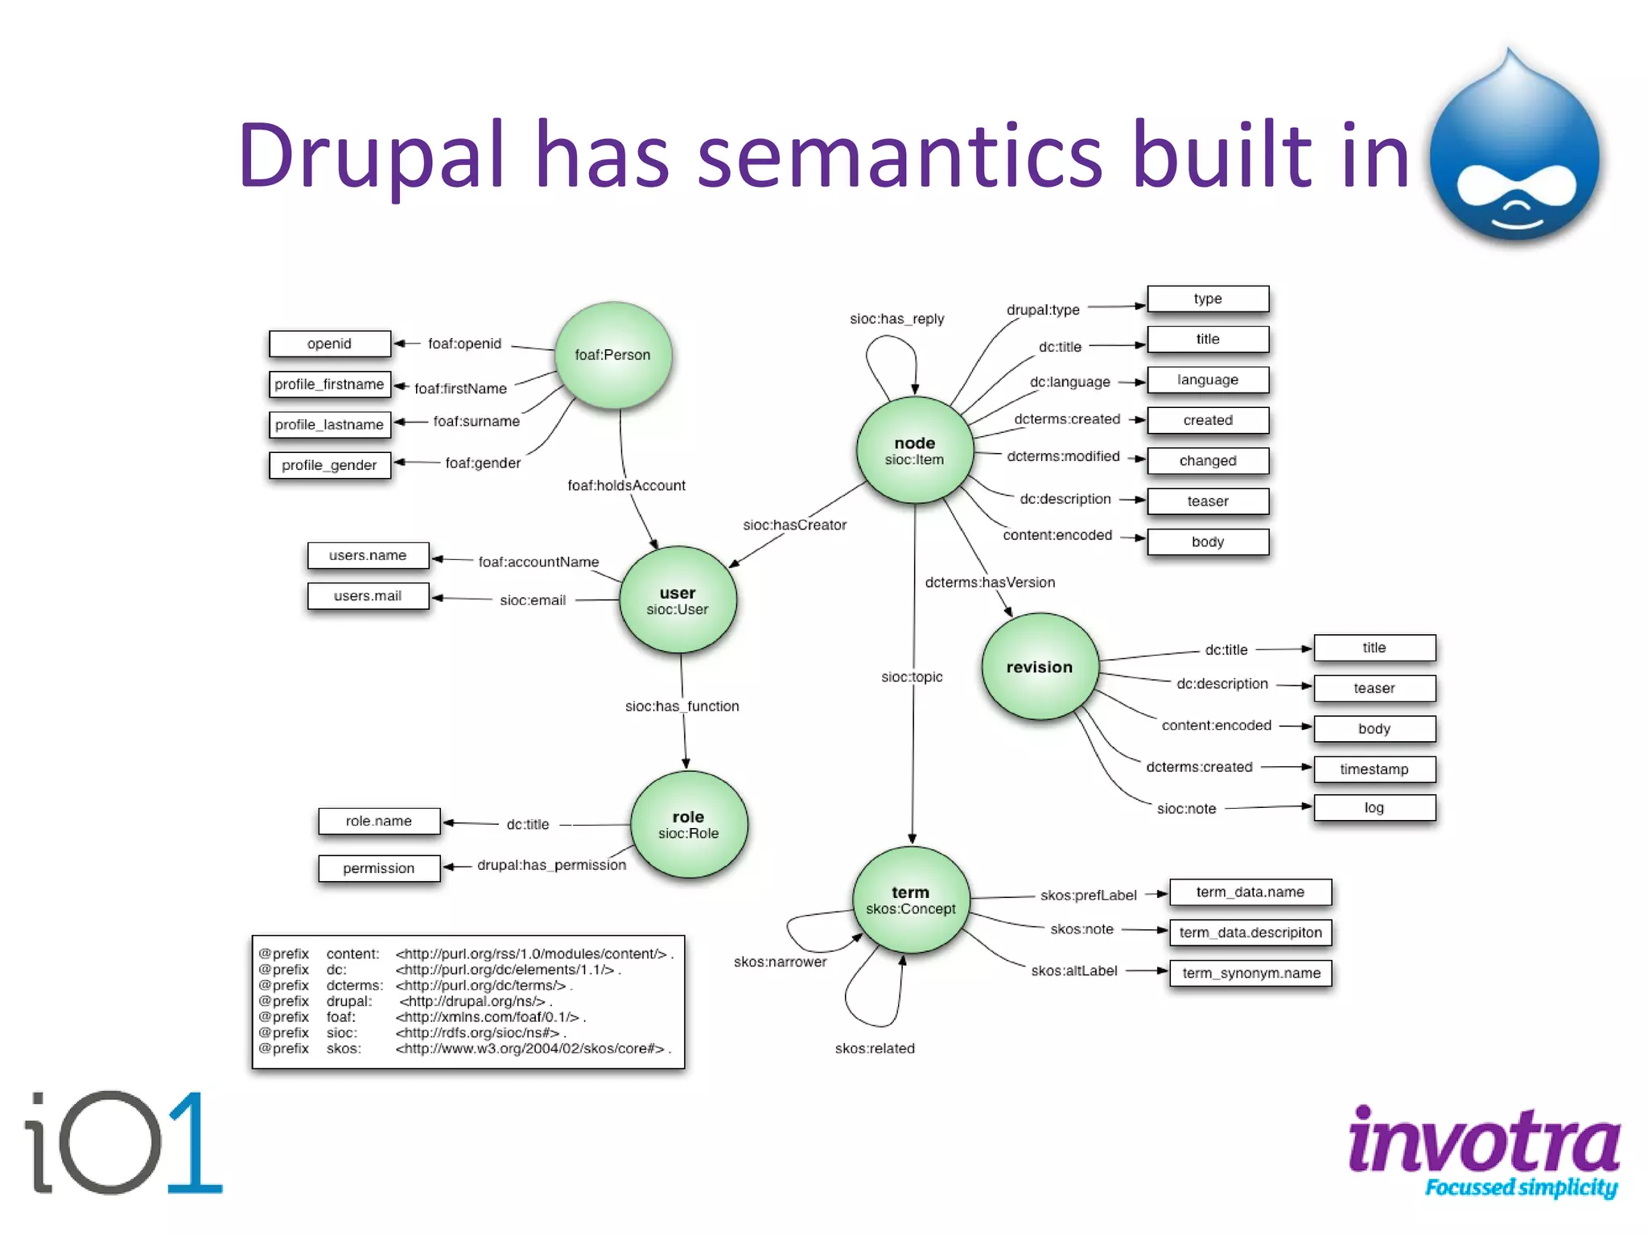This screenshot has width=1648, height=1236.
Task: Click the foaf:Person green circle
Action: tap(613, 355)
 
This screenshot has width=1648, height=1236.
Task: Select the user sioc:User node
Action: tap(678, 600)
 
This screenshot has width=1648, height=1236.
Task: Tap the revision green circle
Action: tap(1040, 666)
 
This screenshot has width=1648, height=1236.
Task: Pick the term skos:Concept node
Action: tap(911, 900)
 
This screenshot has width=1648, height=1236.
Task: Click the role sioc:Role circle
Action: tap(689, 824)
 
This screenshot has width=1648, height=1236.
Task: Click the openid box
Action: tap(330, 344)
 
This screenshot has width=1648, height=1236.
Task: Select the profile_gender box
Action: tap(330, 465)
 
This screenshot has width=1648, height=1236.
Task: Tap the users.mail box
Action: tap(368, 596)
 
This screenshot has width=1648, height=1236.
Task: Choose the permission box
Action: tap(379, 868)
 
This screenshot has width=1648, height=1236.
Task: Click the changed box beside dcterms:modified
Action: tap(1208, 460)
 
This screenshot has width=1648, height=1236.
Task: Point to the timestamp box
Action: tap(1374, 769)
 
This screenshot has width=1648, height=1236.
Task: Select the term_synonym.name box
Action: tap(1250, 973)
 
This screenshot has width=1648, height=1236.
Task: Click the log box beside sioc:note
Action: tap(1374, 808)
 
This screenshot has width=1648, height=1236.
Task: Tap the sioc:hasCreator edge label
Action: tap(794, 525)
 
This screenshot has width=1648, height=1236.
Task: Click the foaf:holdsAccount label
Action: tap(626, 485)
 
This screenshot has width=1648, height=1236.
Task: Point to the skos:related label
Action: tap(875, 1049)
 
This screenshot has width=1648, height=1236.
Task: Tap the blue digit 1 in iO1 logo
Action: tap(194, 1143)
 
